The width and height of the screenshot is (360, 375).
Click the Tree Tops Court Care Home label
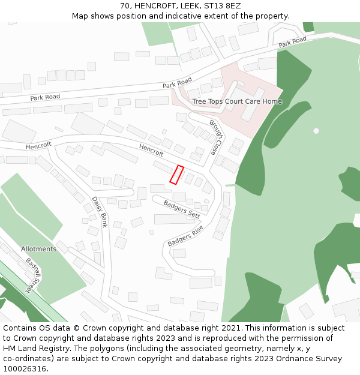tap(236, 101)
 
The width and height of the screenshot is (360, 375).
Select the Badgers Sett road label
tap(182, 209)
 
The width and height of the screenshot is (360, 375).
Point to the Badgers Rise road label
tap(185, 236)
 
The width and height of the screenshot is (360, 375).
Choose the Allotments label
tap(38, 249)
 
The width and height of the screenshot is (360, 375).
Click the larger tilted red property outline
tap(176, 175)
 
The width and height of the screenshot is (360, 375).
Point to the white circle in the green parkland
tap(316, 131)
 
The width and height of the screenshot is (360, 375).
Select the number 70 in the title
tap(125, 5)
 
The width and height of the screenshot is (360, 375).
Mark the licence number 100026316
tap(26, 368)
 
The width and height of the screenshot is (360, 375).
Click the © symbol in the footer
tap(76, 328)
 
